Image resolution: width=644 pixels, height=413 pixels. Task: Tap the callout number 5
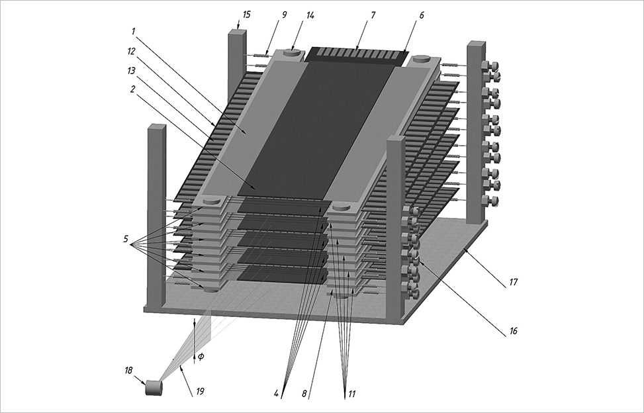click(126, 240)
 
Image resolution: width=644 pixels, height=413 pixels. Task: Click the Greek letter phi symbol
click(201, 357)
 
